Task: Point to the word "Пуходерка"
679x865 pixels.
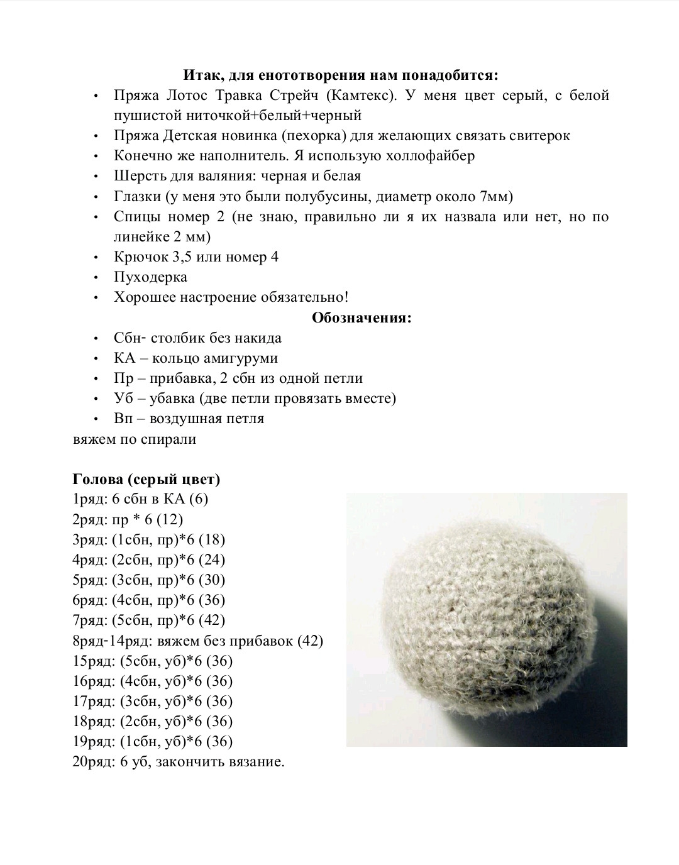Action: (x=150, y=277)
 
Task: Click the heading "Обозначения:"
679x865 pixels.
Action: (x=362, y=317)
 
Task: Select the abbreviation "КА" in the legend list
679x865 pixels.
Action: (x=124, y=358)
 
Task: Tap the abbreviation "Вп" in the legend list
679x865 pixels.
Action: (x=124, y=419)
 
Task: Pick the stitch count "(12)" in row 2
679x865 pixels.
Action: (x=170, y=519)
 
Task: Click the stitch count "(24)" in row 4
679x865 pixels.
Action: (x=211, y=559)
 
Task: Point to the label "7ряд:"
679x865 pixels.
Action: (x=91, y=620)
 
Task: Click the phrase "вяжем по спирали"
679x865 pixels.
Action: (x=135, y=439)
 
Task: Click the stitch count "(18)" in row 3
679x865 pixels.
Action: (x=211, y=539)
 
